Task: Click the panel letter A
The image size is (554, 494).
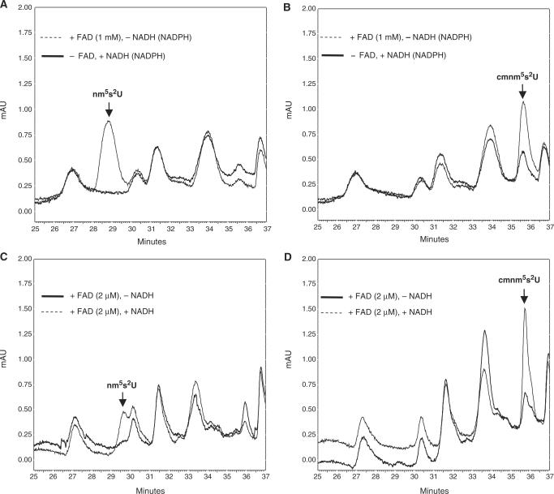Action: (5, 5)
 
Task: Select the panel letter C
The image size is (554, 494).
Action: (5, 255)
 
